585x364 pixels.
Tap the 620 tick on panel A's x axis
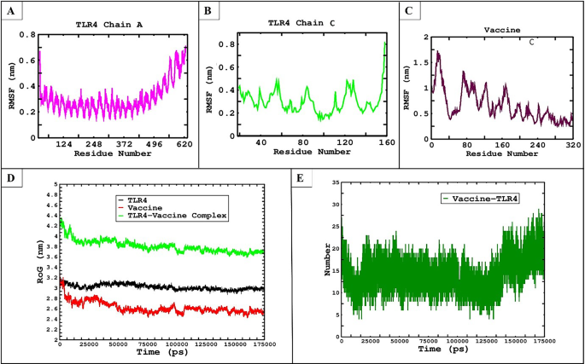point(183,144)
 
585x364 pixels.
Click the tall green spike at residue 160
point(385,44)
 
